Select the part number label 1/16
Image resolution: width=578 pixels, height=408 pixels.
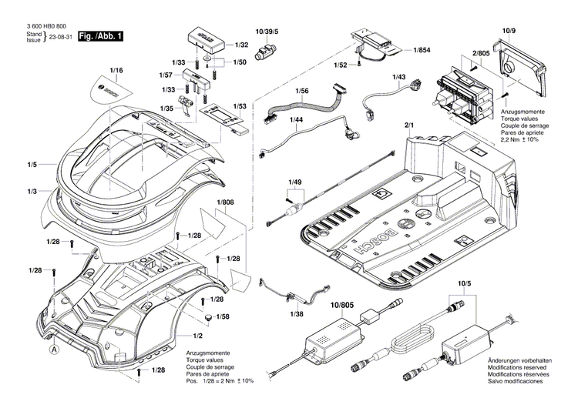tap(116, 71)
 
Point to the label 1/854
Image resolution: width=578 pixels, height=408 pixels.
tap(422, 50)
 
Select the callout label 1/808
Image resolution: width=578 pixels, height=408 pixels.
tap(225, 202)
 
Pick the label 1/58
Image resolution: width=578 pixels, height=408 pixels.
tap(223, 317)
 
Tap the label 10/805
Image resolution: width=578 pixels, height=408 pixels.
tap(341, 306)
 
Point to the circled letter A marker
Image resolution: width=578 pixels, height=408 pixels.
tap(54, 349)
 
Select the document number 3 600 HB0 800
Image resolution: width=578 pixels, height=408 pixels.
tap(46, 25)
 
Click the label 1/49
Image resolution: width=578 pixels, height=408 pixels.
tap(294, 182)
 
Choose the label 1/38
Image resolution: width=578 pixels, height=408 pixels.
tap(296, 315)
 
